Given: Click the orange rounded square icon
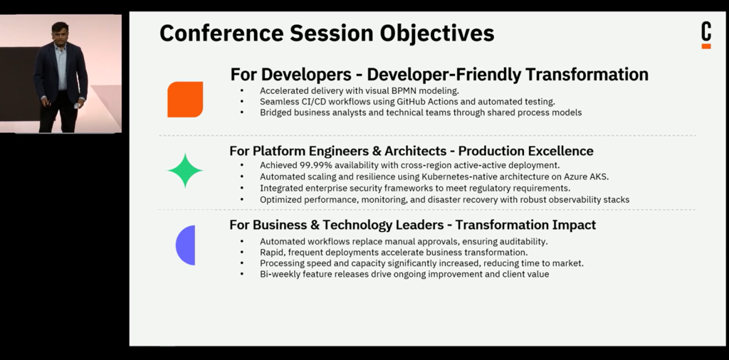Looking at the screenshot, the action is point(185,100).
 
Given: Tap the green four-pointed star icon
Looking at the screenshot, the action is point(185,171).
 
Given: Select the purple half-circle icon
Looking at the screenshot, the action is point(186,245).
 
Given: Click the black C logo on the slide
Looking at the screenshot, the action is point(706,31).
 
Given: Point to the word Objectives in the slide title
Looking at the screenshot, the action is point(437,33).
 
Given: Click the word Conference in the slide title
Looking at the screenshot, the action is point(220,33).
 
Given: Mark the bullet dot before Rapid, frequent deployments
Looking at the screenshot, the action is point(242,253).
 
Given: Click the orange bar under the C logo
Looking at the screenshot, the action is point(706,46).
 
